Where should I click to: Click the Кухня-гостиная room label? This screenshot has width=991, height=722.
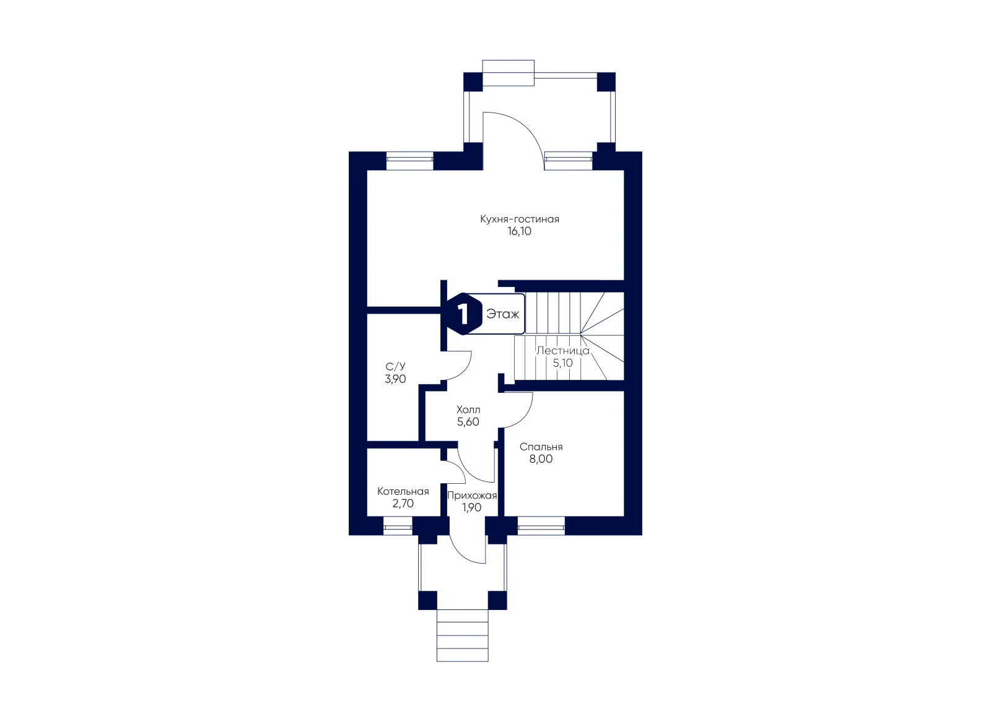tap(520, 219)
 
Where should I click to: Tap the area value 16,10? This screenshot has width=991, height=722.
tap(520, 231)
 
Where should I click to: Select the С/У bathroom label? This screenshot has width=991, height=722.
tap(395, 366)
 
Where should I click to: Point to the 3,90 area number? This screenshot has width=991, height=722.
tap(395, 379)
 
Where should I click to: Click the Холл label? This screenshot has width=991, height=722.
tap(468, 409)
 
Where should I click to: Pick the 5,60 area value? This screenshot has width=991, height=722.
tap(468, 421)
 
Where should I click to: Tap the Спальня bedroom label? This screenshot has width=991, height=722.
tap(541, 447)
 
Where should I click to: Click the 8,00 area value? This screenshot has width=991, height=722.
tap(541, 458)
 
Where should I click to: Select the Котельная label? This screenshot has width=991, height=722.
tap(403, 491)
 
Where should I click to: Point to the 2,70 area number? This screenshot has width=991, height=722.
tap(403, 503)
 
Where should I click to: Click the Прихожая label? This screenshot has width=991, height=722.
tap(471, 496)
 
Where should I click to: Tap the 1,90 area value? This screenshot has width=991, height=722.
tap(471, 507)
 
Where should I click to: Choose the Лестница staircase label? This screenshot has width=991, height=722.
tap(563, 351)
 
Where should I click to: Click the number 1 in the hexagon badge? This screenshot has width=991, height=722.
tap(463, 314)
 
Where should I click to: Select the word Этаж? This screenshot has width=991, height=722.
tap(502, 314)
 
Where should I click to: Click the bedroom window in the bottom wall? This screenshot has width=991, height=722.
tap(541, 526)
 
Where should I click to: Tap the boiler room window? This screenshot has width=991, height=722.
tap(398, 526)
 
